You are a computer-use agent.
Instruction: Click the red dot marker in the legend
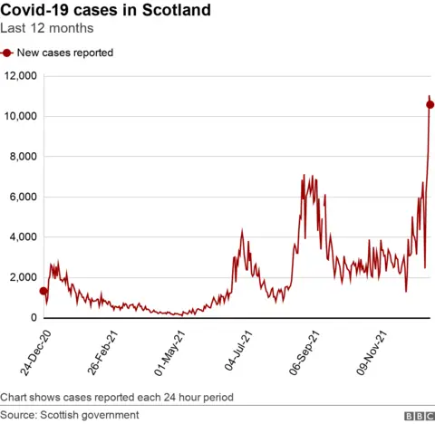point(7,53)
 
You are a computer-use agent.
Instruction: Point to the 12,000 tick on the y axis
point(18,76)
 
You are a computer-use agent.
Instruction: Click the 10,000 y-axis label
point(18,117)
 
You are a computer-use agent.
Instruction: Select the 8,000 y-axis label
point(21,157)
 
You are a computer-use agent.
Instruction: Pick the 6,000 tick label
point(21,198)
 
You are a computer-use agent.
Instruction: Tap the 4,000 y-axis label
point(21,237)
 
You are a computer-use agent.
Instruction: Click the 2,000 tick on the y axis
point(21,278)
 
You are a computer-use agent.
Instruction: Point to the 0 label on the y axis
point(33,318)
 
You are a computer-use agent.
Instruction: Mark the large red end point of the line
point(430,105)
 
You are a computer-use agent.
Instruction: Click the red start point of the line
point(43,291)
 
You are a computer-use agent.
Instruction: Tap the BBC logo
point(418,415)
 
